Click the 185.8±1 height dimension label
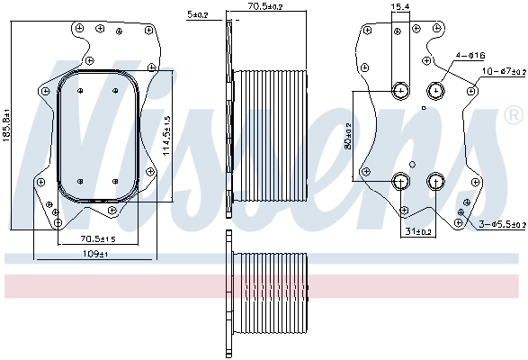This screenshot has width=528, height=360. (9, 137)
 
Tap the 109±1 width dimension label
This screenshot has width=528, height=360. (95, 256)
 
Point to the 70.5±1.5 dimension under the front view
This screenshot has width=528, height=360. (98, 238)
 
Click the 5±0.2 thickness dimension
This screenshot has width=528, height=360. (196, 14)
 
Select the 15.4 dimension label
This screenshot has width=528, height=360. (400, 7)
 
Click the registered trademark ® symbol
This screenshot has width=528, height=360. (513, 114)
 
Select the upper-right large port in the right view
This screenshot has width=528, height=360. (436, 89)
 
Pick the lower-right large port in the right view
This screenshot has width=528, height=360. (436, 181)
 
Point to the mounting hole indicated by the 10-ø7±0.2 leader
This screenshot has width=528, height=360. (472, 88)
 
